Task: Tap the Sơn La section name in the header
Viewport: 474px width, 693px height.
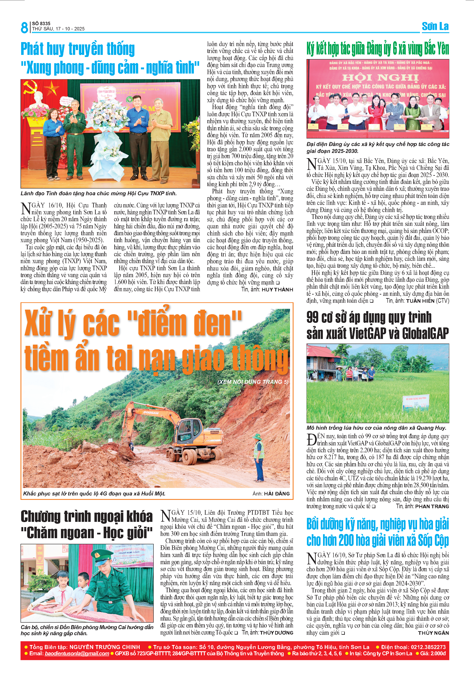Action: tap(435, 27)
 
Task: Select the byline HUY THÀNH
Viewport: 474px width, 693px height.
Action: tap(277, 290)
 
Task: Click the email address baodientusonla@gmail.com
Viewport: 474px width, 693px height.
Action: tap(77, 654)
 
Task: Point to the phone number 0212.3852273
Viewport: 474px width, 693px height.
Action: tap(428, 647)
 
